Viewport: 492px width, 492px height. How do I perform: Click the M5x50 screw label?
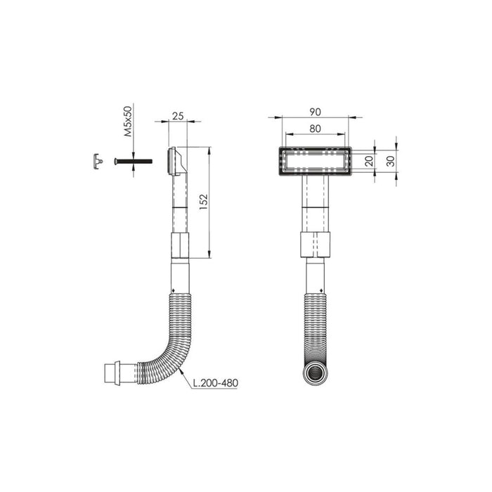128,122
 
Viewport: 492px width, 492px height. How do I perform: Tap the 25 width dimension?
178,116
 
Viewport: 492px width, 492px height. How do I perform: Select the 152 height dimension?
204,202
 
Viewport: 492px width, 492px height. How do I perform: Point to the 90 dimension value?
315,112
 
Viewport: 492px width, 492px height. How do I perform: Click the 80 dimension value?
315,129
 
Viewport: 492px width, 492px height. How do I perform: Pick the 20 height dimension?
370,161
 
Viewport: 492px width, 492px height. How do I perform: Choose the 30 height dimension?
391,161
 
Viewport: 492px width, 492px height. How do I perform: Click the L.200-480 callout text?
215,383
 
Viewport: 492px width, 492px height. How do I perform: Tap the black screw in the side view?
133,161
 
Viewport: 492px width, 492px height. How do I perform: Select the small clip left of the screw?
98,161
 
